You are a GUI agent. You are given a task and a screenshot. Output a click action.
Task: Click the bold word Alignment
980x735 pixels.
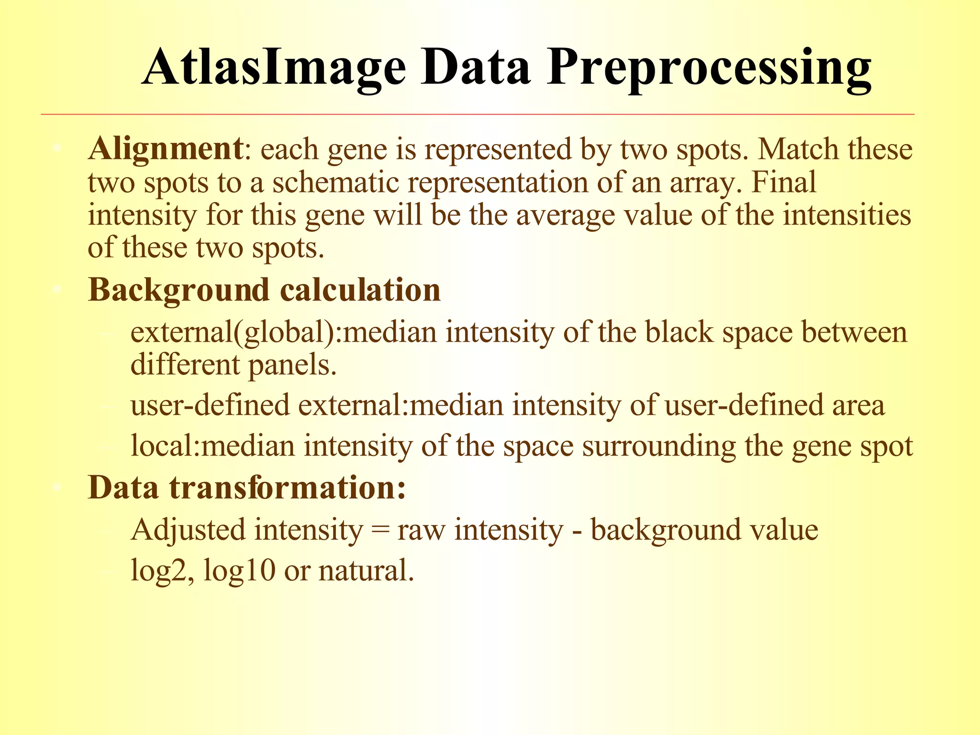pyautogui.click(x=166, y=149)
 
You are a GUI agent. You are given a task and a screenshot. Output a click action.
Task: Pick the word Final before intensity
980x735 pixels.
pyautogui.click(x=783, y=182)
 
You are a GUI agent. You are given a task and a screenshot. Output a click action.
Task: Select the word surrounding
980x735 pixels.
pyautogui.click(x=658, y=446)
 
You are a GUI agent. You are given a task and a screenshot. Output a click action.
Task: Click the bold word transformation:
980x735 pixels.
pyautogui.click(x=288, y=488)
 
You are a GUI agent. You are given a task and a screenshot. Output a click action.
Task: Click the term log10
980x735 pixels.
pyautogui.click(x=239, y=571)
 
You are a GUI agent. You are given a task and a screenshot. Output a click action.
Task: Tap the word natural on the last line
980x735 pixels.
pyautogui.click(x=366, y=571)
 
